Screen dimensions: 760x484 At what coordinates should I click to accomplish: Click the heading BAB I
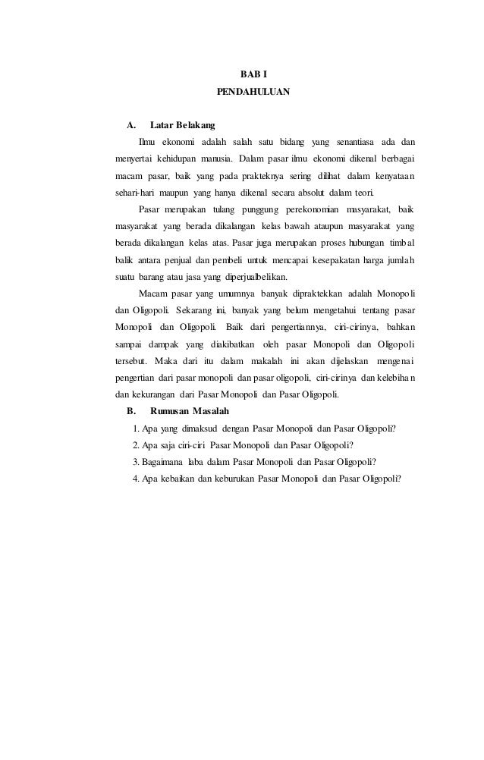point(253,74)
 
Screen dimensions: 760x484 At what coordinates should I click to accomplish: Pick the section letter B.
point(130,411)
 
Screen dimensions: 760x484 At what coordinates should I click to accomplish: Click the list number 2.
point(135,444)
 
